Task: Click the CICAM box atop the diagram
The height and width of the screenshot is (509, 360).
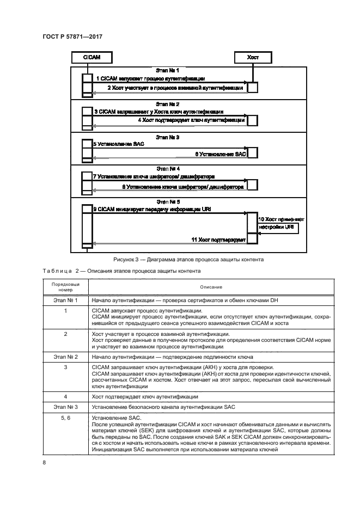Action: (x=86, y=57)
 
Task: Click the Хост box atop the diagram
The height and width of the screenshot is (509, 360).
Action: (x=253, y=57)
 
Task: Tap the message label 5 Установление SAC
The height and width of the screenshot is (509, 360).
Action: (x=112, y=144)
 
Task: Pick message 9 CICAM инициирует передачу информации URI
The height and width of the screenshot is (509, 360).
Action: (x=152, y=209)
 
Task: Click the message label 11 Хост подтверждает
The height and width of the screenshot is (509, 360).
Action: (x=218, y=240)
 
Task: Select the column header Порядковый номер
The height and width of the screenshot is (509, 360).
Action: (x=65, y=286)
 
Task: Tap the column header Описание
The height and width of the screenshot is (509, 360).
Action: (x=211, y=287)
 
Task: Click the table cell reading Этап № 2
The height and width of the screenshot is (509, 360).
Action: (x=65, y=357)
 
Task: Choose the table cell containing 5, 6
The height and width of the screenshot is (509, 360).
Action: (x=65, y=417)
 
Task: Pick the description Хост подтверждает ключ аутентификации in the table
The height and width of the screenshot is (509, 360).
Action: (x=145, y=397)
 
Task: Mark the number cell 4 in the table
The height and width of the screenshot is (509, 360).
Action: (x=65, y=397)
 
